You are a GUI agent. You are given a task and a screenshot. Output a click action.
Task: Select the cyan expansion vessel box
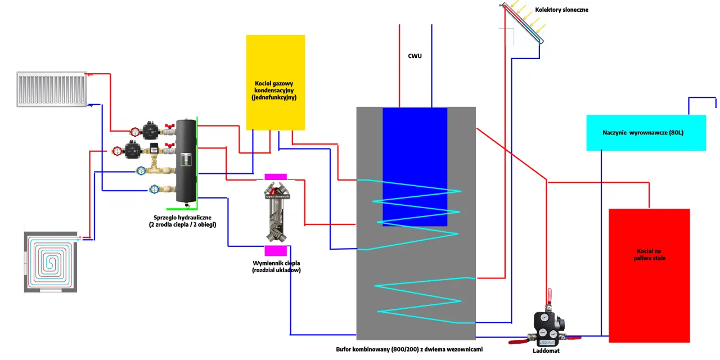click(x=646, y=132)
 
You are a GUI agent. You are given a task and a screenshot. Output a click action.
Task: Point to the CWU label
click(x=415, y=56)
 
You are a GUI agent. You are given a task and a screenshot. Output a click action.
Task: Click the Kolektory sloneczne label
click(x=562, y=10)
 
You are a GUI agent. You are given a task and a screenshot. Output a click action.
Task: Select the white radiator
click(x=51, y=89)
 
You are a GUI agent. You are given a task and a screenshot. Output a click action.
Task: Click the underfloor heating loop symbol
click(x=51, y=262)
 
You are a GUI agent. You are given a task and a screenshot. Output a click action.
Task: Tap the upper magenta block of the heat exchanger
click(x=276, y=177)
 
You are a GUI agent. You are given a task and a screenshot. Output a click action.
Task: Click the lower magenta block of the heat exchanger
click(x=276, y=251)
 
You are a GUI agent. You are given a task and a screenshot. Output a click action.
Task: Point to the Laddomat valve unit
click(x=546, y=326)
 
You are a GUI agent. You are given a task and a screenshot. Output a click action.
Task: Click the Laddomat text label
click(x=545, y=350)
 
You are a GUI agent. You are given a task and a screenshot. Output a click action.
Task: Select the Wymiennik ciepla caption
click(x=276, y=267)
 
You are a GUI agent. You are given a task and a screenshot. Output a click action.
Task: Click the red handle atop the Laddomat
click(x=550, y=294)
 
